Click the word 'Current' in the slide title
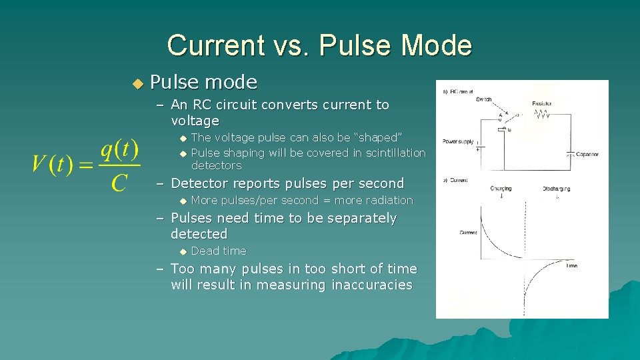point(206,45)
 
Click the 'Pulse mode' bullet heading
point(203,82)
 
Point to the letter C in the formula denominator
point(119,181)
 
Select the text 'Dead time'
point(219,251)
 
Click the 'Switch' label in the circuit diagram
point(484,99)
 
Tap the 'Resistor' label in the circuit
point(542,104)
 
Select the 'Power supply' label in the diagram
point(458,141)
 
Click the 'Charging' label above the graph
point(501,189)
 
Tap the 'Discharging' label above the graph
point(556,189)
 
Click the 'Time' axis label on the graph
point(571,265)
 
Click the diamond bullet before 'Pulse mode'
point(137,83)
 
